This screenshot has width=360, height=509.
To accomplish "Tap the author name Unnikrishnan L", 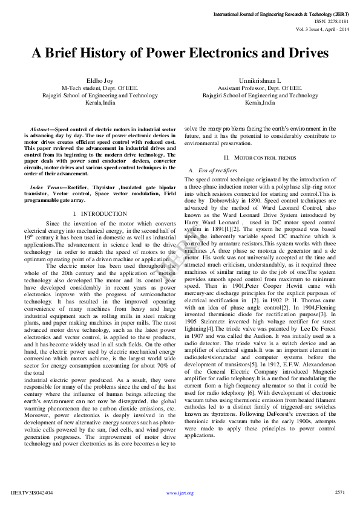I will pyautogui.click(x=260, y=80).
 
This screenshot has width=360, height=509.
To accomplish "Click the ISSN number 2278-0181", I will pyautogui.click(x=337, y=21).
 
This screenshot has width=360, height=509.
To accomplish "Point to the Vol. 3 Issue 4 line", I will pyautogui.click(x=322, y=28).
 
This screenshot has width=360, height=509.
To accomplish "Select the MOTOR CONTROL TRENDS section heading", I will pyautogui.click(x=257, y=158).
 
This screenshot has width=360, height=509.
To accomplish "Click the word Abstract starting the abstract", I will pyautogui.click(x=41, y=129).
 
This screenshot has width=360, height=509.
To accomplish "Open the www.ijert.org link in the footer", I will pyautogui.click(x=180, y=493).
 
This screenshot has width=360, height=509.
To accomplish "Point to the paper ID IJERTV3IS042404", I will pyautogui.click(x=32, y=493).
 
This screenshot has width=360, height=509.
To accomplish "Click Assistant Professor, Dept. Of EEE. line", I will pyautogui.click(x=260, y=88).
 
